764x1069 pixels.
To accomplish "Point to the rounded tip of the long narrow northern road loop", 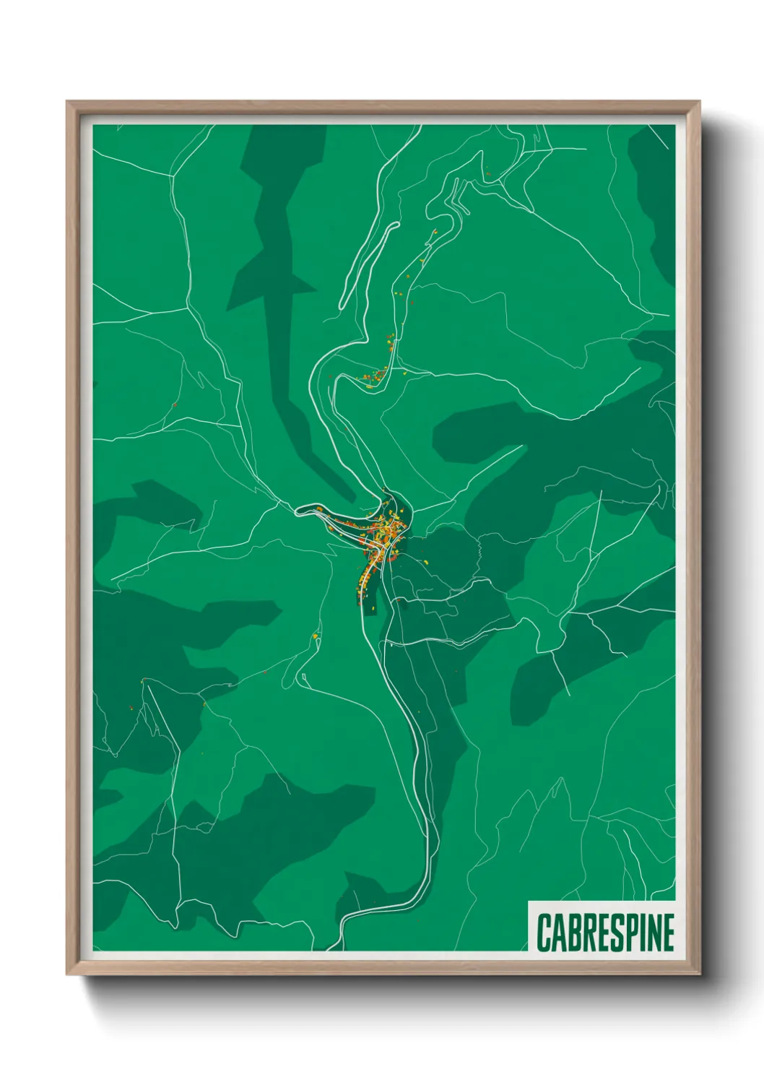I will (x=395, y=225).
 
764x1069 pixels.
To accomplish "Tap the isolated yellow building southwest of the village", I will (x=316, y=636).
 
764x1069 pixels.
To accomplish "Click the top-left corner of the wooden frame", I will (x=68, y=103).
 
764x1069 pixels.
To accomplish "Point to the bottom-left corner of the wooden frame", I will (x=68, y=973).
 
